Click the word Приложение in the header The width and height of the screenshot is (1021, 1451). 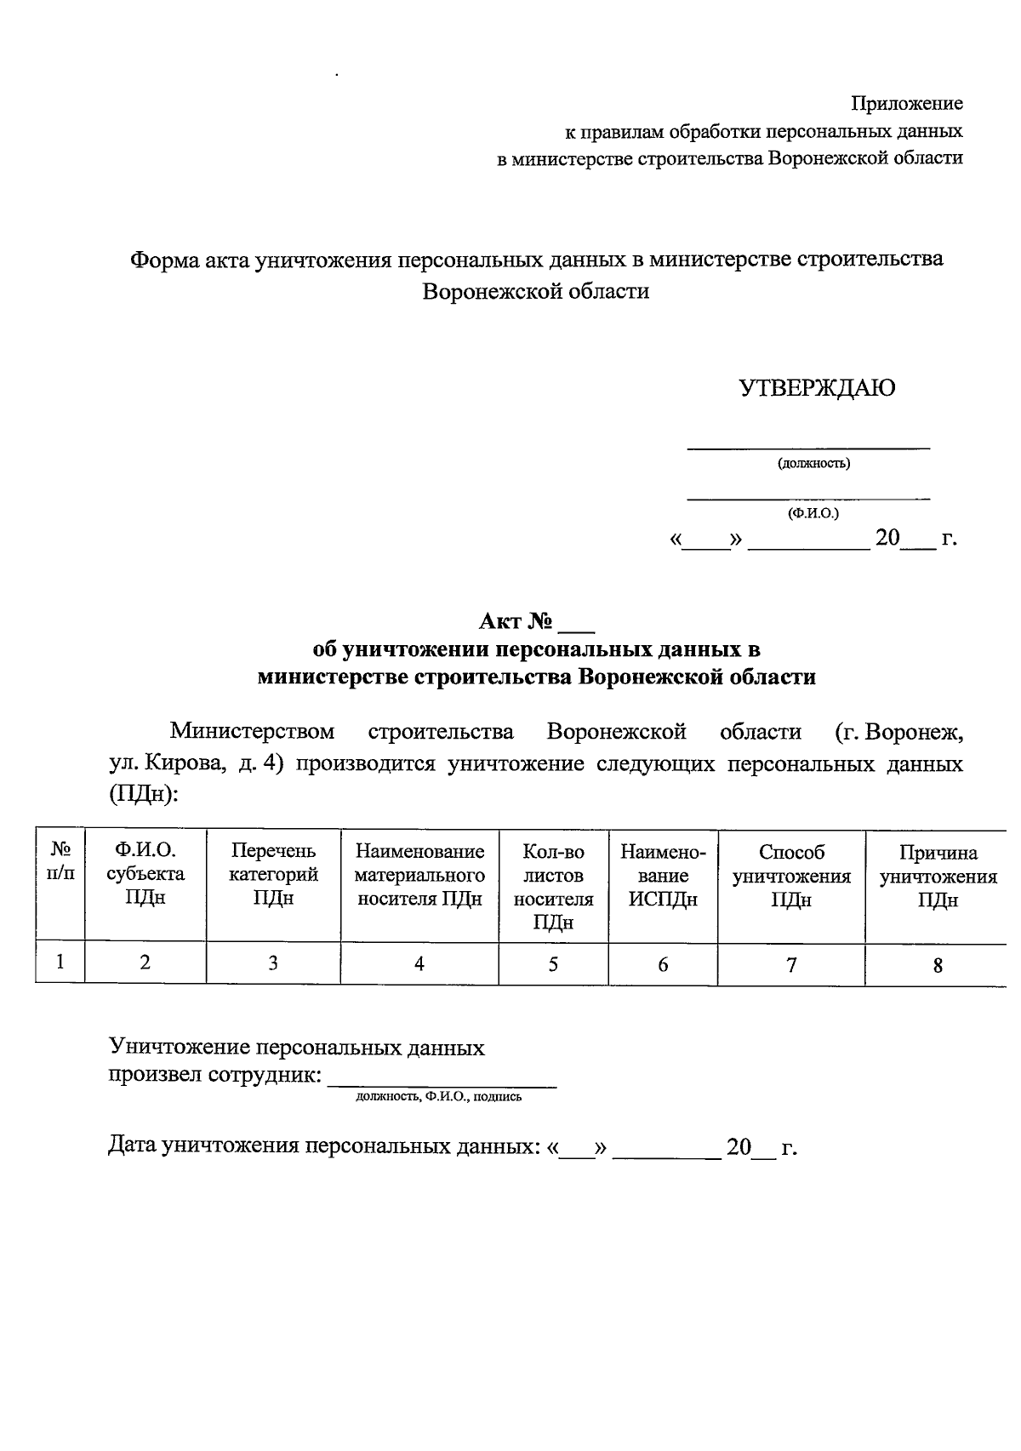907,104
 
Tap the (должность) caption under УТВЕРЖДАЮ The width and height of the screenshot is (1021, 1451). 813,463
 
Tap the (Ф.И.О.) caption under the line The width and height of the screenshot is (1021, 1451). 813,513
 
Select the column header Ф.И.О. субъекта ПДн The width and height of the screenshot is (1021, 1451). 145,874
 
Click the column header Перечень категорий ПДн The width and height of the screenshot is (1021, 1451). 273,874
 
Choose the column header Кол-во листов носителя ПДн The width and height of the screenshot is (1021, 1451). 553,886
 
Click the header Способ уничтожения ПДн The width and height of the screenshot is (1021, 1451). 791,876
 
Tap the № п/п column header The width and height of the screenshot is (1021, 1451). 60,861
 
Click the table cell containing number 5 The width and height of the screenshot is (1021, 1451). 553,964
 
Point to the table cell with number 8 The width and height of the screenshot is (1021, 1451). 938,965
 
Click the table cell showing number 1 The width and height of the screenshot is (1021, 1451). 60,963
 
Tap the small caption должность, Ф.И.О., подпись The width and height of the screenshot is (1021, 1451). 438,1097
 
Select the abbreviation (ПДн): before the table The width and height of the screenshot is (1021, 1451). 143,793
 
